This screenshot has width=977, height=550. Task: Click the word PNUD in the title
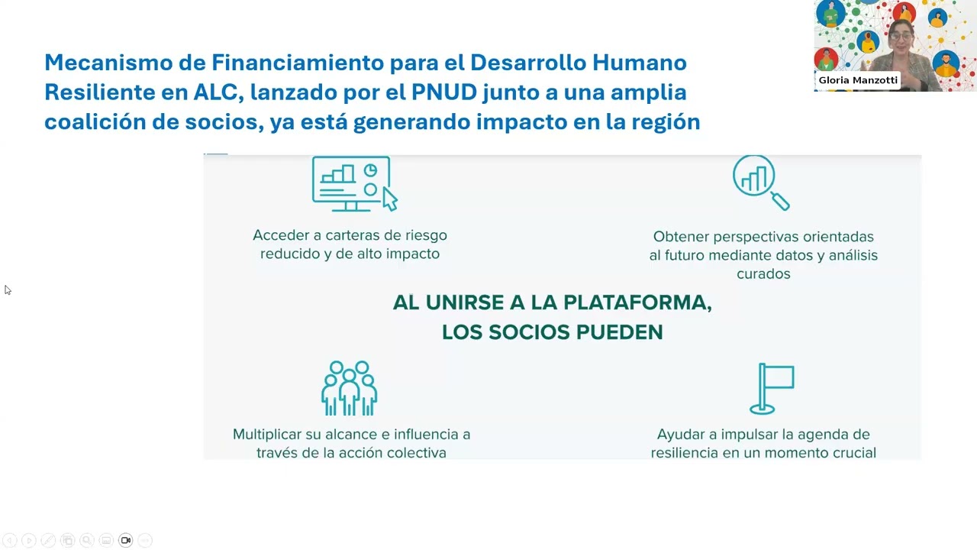click(x=443, y=92)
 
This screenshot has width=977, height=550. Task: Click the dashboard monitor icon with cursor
click(x=354, y=183)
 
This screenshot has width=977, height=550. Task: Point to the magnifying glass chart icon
click(x=760, y=182)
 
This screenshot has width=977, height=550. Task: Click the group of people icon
click(x=350, y=388)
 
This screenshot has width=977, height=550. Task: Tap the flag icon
click(x=772, y=388)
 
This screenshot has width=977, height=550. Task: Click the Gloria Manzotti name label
click(x=858, y=79)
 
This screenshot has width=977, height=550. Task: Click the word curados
click(x=763, y=273)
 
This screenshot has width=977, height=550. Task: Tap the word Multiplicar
click(x=267, y=434)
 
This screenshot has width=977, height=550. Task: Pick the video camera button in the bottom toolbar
click(x=126, y=540)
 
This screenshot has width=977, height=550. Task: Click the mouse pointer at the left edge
click(x=8, y=290)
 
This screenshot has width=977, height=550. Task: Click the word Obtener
click(x=681, y=237)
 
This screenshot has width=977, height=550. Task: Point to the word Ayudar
click(x=681, y=434)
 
